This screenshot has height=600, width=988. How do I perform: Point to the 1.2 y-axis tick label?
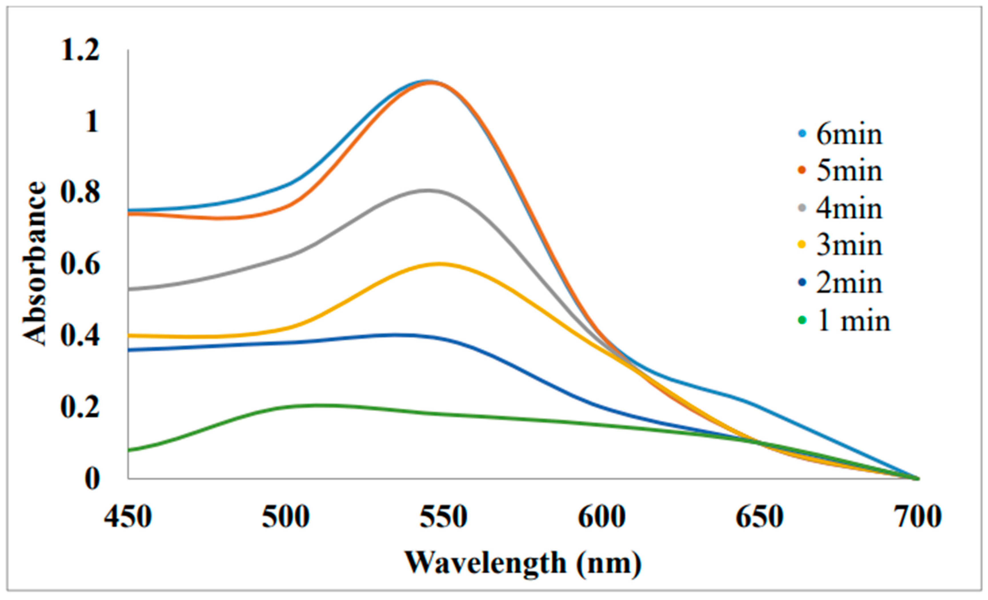(80, 51)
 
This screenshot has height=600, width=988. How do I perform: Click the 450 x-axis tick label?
(127, 517)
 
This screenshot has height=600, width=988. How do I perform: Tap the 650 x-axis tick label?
(759, 517)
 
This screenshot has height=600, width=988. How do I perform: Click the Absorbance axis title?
(35, 264)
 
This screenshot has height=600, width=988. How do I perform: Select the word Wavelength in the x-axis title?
(486, 563)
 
